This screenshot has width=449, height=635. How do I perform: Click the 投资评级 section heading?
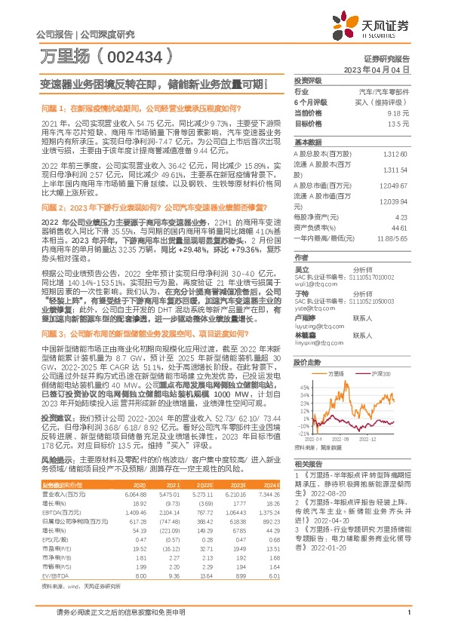coord(307,80)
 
